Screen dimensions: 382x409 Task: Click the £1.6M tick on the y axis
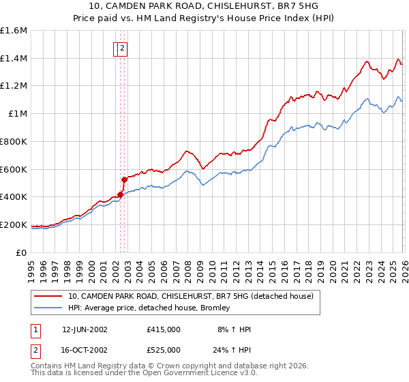pos(14,31)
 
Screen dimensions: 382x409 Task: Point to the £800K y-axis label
pos(14,141)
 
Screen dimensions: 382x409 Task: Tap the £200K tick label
pos(14,224)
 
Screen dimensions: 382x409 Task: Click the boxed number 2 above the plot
pos(123,48)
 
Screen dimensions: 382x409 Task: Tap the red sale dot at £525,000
pos(125,180)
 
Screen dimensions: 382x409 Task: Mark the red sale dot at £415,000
pos(121,195)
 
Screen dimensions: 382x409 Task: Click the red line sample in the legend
pos(48,296)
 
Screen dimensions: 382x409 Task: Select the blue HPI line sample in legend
pos(48,308)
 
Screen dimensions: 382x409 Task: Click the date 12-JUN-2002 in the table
pos(85,329)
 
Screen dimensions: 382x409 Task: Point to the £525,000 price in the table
pos(164,350)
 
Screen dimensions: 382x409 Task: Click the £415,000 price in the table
pos(164,329)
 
